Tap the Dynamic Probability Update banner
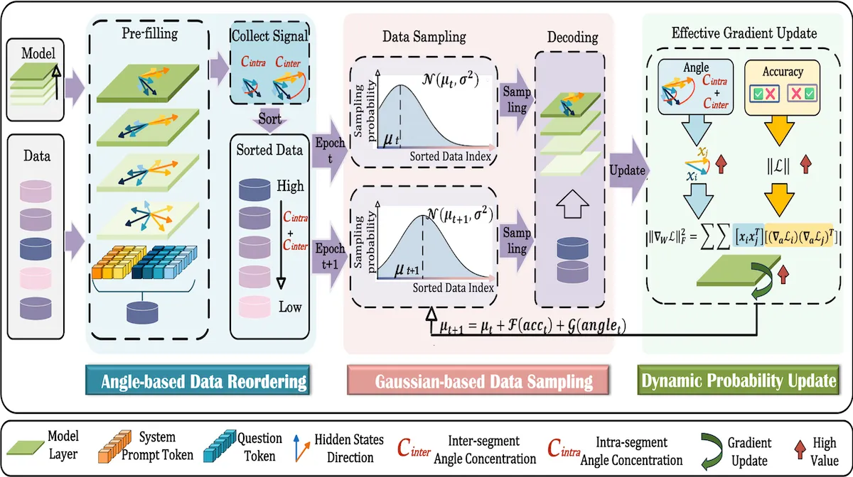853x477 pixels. point(739,382)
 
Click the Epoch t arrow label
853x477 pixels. point(330,150)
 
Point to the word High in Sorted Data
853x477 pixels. point(291,187)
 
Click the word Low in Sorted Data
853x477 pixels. point(290,307)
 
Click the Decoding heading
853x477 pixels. point(572,37)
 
